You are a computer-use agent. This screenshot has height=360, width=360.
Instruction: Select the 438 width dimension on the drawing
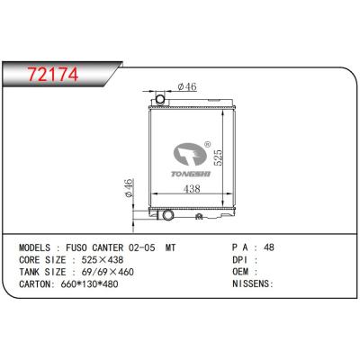191,189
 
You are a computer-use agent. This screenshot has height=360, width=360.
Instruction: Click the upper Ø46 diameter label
187,86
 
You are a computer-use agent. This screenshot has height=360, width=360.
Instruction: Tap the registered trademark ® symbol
209,141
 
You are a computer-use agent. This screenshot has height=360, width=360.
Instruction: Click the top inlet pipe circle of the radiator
161,97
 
